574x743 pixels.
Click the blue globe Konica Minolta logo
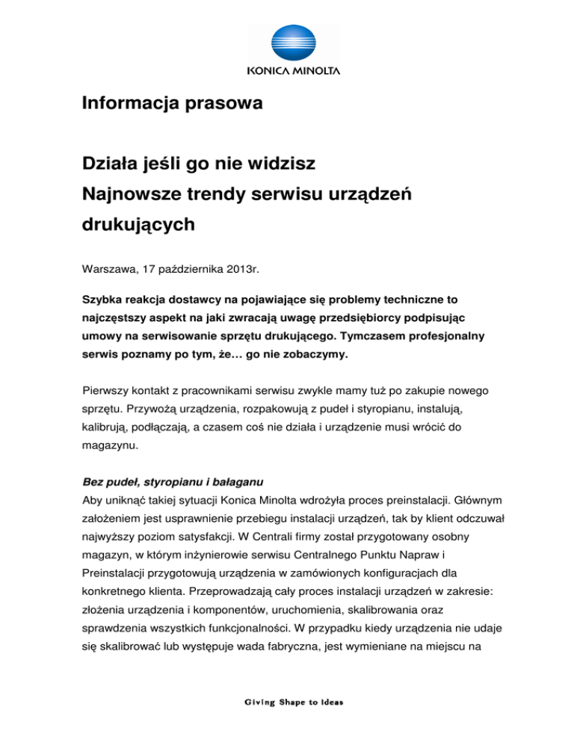pyautogui.click(x=293, y=42)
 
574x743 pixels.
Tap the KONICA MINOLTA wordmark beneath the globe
pyautogui.click(x=293, y=72)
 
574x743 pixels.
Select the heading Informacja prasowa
pyautogui.click(x=172, y=104)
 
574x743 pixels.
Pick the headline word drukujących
pyautogui.click(x=139, y=225)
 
